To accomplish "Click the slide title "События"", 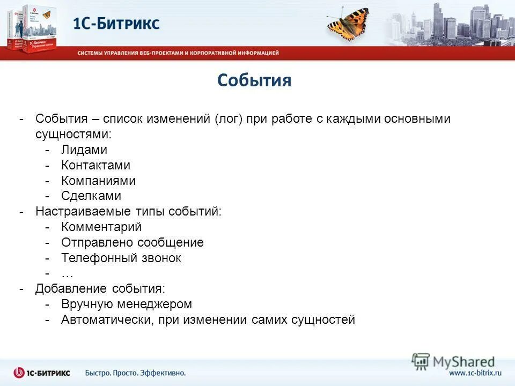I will coord(254,80).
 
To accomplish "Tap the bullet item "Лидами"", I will coord(84,150).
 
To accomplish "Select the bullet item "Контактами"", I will coord(95,166).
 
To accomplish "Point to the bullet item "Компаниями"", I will coord(98,181).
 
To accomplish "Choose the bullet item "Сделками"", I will coord(91,196).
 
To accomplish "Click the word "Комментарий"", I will coord(101,227).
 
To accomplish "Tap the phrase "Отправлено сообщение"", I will coord(132,242).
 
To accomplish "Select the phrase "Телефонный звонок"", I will coord(121,258).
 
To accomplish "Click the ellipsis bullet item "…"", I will coord(67,273).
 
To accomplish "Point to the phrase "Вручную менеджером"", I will coord(126,305).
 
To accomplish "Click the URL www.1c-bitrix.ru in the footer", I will coord(475,373).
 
